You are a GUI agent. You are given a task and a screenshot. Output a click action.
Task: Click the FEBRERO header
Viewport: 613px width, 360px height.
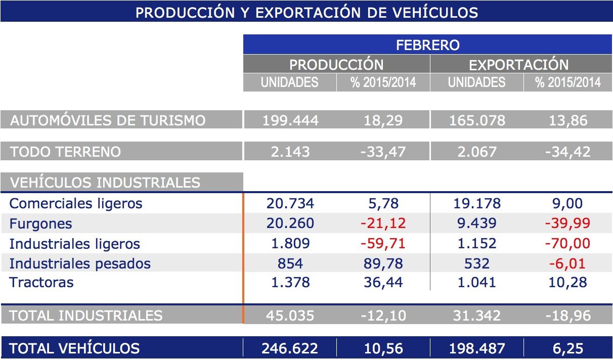coord(427,44)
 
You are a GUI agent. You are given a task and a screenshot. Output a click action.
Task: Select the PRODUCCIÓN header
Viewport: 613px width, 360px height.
coord(336,65)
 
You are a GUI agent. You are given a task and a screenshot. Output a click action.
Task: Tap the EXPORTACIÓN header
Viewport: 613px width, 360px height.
coord(518,65)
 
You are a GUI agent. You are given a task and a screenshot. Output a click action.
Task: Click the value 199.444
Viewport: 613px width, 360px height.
coord(290,120)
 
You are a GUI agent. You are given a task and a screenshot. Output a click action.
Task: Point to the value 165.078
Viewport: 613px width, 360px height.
coord(477,120)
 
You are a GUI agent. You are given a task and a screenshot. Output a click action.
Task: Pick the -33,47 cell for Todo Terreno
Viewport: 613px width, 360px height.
coord(383,152)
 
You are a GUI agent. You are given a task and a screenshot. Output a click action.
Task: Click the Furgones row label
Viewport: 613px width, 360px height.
coord(40,224)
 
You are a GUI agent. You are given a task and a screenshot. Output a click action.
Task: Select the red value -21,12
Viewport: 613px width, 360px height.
coord(383,223)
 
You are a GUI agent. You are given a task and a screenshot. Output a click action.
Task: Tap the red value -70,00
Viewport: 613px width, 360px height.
coord(567,244)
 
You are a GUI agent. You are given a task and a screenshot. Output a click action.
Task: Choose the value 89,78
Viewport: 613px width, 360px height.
coord(383,263)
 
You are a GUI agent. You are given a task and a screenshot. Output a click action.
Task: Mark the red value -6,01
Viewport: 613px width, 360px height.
coord(567,263)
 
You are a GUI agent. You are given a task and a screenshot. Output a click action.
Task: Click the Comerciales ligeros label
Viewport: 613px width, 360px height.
coord(76,203)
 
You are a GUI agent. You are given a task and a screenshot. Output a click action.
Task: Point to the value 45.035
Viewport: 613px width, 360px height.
coord(290,316)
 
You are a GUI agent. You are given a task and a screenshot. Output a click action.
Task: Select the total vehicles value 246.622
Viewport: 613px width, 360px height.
coord(290,348)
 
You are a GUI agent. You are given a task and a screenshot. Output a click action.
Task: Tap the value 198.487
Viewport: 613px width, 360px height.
coord(477,348)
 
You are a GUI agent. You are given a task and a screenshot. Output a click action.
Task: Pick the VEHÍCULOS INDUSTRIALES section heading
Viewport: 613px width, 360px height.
coord(105,183)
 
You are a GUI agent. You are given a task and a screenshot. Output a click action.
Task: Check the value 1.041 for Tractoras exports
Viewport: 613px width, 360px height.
coord(477,282)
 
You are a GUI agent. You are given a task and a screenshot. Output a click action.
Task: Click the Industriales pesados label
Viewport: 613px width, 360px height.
coord(80,263)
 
